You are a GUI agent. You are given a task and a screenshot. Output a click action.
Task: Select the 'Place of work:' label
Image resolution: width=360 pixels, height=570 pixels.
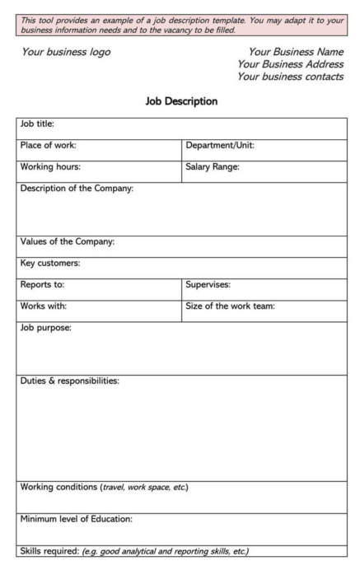(49, 146)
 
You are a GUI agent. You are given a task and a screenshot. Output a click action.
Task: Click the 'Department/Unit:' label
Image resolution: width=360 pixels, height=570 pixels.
(220, 146)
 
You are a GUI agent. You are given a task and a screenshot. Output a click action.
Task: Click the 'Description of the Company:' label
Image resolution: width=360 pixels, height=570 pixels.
(75, 189)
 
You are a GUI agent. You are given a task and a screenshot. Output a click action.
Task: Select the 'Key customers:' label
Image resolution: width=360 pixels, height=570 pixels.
(49, 263)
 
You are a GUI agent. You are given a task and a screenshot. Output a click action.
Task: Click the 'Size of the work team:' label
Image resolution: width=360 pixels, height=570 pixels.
(230, 306)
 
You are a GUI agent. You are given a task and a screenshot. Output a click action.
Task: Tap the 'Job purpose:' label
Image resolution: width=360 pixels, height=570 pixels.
(45, 328)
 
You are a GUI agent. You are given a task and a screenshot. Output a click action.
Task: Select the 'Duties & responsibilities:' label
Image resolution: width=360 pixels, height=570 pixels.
(70, 381)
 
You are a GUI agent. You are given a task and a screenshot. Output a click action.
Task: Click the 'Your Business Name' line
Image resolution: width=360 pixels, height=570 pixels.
(289, 52)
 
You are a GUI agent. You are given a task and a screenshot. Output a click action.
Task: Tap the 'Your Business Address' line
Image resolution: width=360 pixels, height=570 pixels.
(289, 64)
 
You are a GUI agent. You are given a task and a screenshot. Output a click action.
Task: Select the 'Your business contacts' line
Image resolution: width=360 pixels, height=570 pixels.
(289, 77)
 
